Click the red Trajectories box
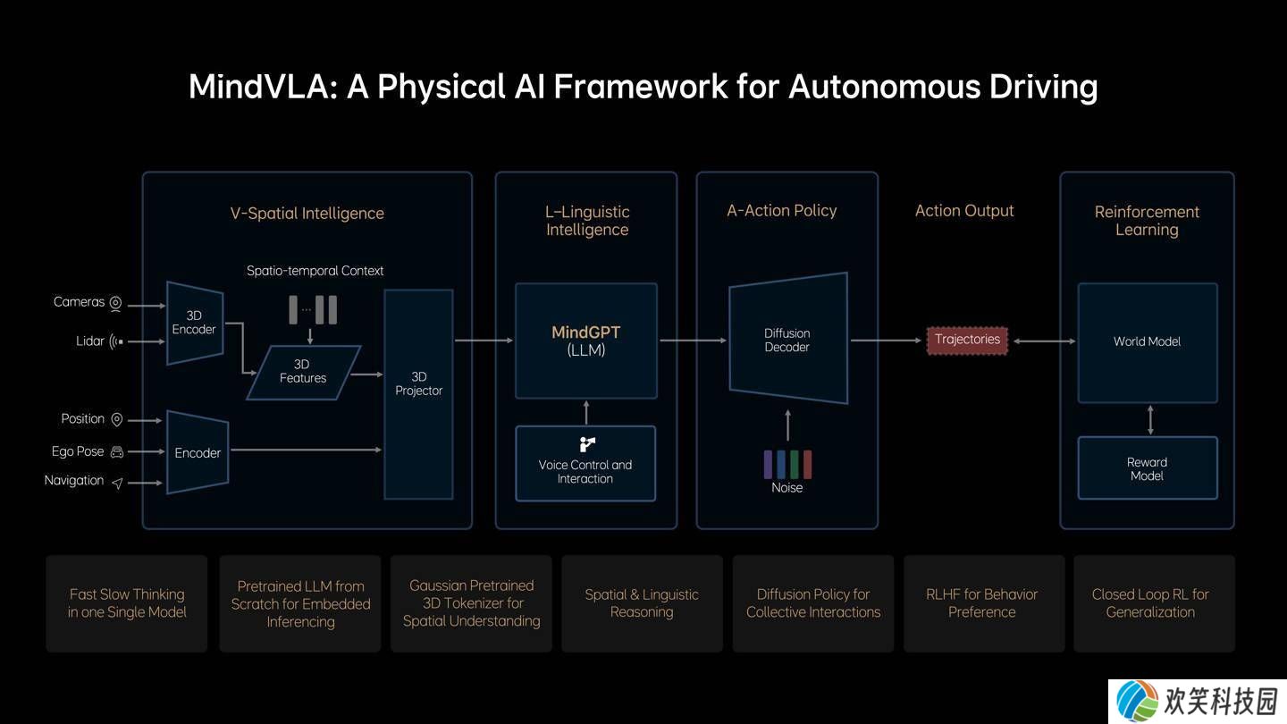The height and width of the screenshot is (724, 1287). pyautogui.click(x=967, y=341)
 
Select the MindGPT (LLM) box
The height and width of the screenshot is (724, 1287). pyautogui.click(x=586, y=341)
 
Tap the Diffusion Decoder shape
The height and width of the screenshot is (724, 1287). pyautogui.click(x=787, y=339)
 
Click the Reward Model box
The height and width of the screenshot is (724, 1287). pyautogui.click(x=1148, y=468)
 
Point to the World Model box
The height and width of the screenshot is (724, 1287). pyautogui.click(x=1148, y=342)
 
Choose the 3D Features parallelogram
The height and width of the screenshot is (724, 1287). pyautogui.click(x=303, y=373)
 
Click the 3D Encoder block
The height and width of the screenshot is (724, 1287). pyautogui.click(x=195, y=323)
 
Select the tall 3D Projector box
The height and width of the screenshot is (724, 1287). pyautogui.click(x=418, y=394)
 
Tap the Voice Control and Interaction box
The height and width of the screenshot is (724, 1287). pyautogui.click(x=585, y=464)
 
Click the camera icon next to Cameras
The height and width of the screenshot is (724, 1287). pyautogui.click(x=115, y=303)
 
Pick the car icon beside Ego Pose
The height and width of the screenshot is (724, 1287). pyautogui.click(x=116, y=452)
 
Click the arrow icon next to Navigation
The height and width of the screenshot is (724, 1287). pyautogui.click(x=117, y=484)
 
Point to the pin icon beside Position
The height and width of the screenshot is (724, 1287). pyautogui.click(x=116, y=420)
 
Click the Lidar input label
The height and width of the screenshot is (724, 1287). pyautogui.click(x=90, y=341)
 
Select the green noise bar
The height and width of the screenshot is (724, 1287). pyautogui.click(x=794, y=465)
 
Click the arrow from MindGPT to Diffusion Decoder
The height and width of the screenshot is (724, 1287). pyautogui.click(x=693, y=341)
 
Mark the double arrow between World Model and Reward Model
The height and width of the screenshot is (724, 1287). pyautogui.click(x=1149, y=420)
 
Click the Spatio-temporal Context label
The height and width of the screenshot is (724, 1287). pyautogui.click(x=315, y=271)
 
